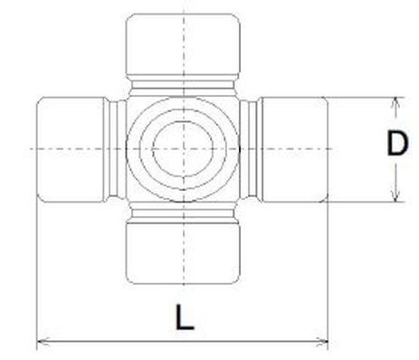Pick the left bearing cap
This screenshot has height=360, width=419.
pos(71,147)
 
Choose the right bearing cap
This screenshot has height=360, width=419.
pos(295,147)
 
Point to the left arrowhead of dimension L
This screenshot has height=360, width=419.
pos(40,343)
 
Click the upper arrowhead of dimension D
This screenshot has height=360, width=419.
pos(395,100)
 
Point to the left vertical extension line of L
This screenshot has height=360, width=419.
pos(35,271)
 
